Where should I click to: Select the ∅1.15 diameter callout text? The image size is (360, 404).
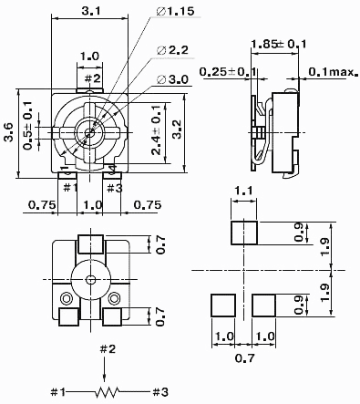pos(175,12)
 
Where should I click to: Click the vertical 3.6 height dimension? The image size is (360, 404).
pos(8,132)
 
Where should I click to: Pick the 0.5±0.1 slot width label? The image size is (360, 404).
pos(28,126)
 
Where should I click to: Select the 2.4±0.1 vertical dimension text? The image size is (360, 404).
pos(156,130)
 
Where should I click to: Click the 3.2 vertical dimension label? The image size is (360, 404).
pos(176,129)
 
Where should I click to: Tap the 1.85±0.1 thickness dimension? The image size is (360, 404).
pos(279,44)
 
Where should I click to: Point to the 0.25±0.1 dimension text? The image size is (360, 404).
pos(228,72)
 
